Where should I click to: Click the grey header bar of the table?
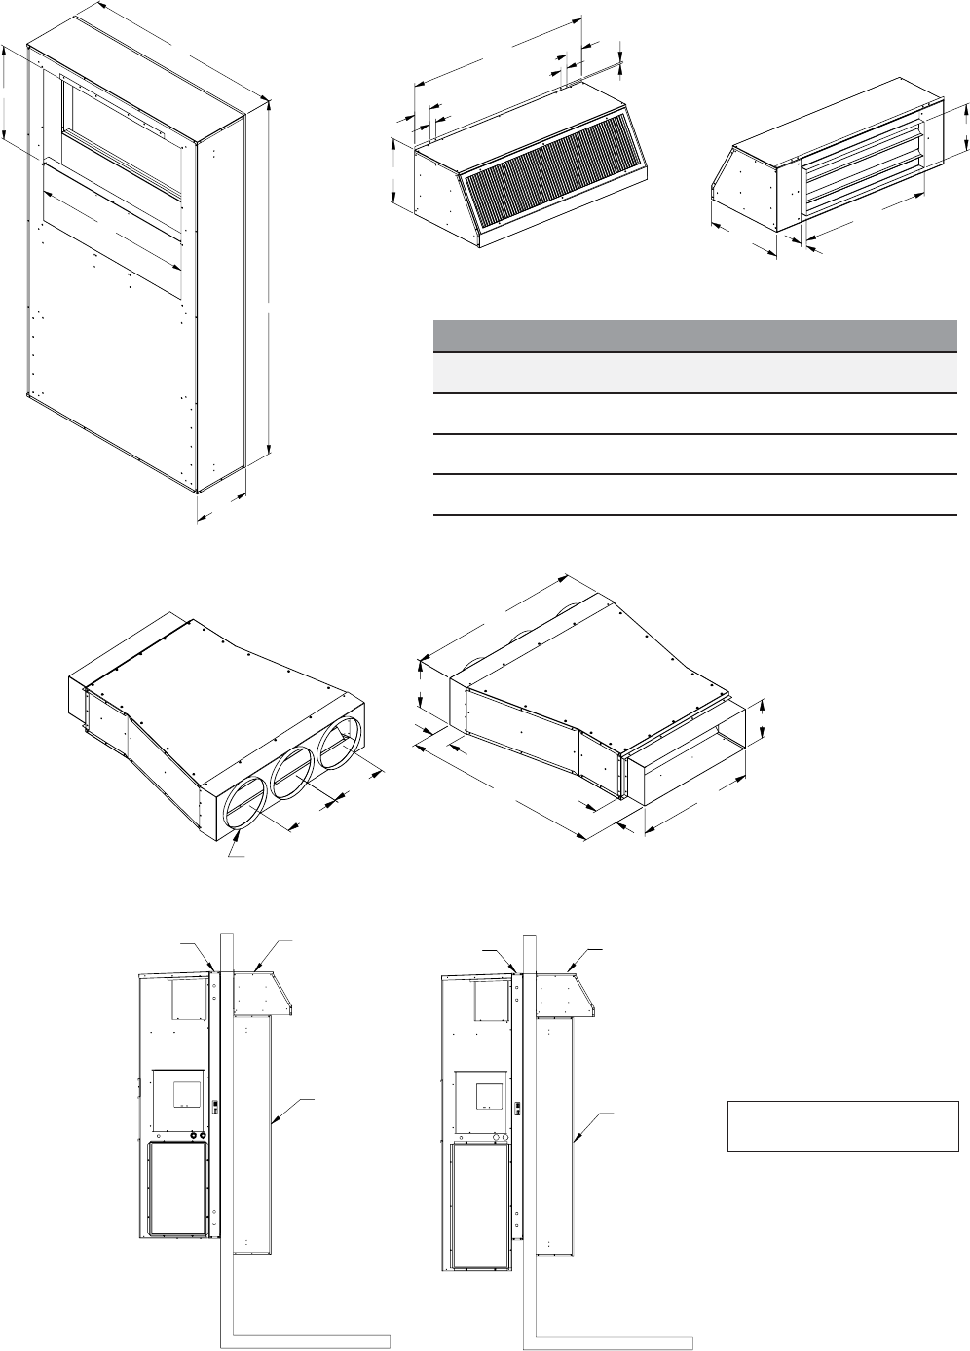point(693,336)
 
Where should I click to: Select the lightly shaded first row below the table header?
point(693,372)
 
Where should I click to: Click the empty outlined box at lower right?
point(842,1126)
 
